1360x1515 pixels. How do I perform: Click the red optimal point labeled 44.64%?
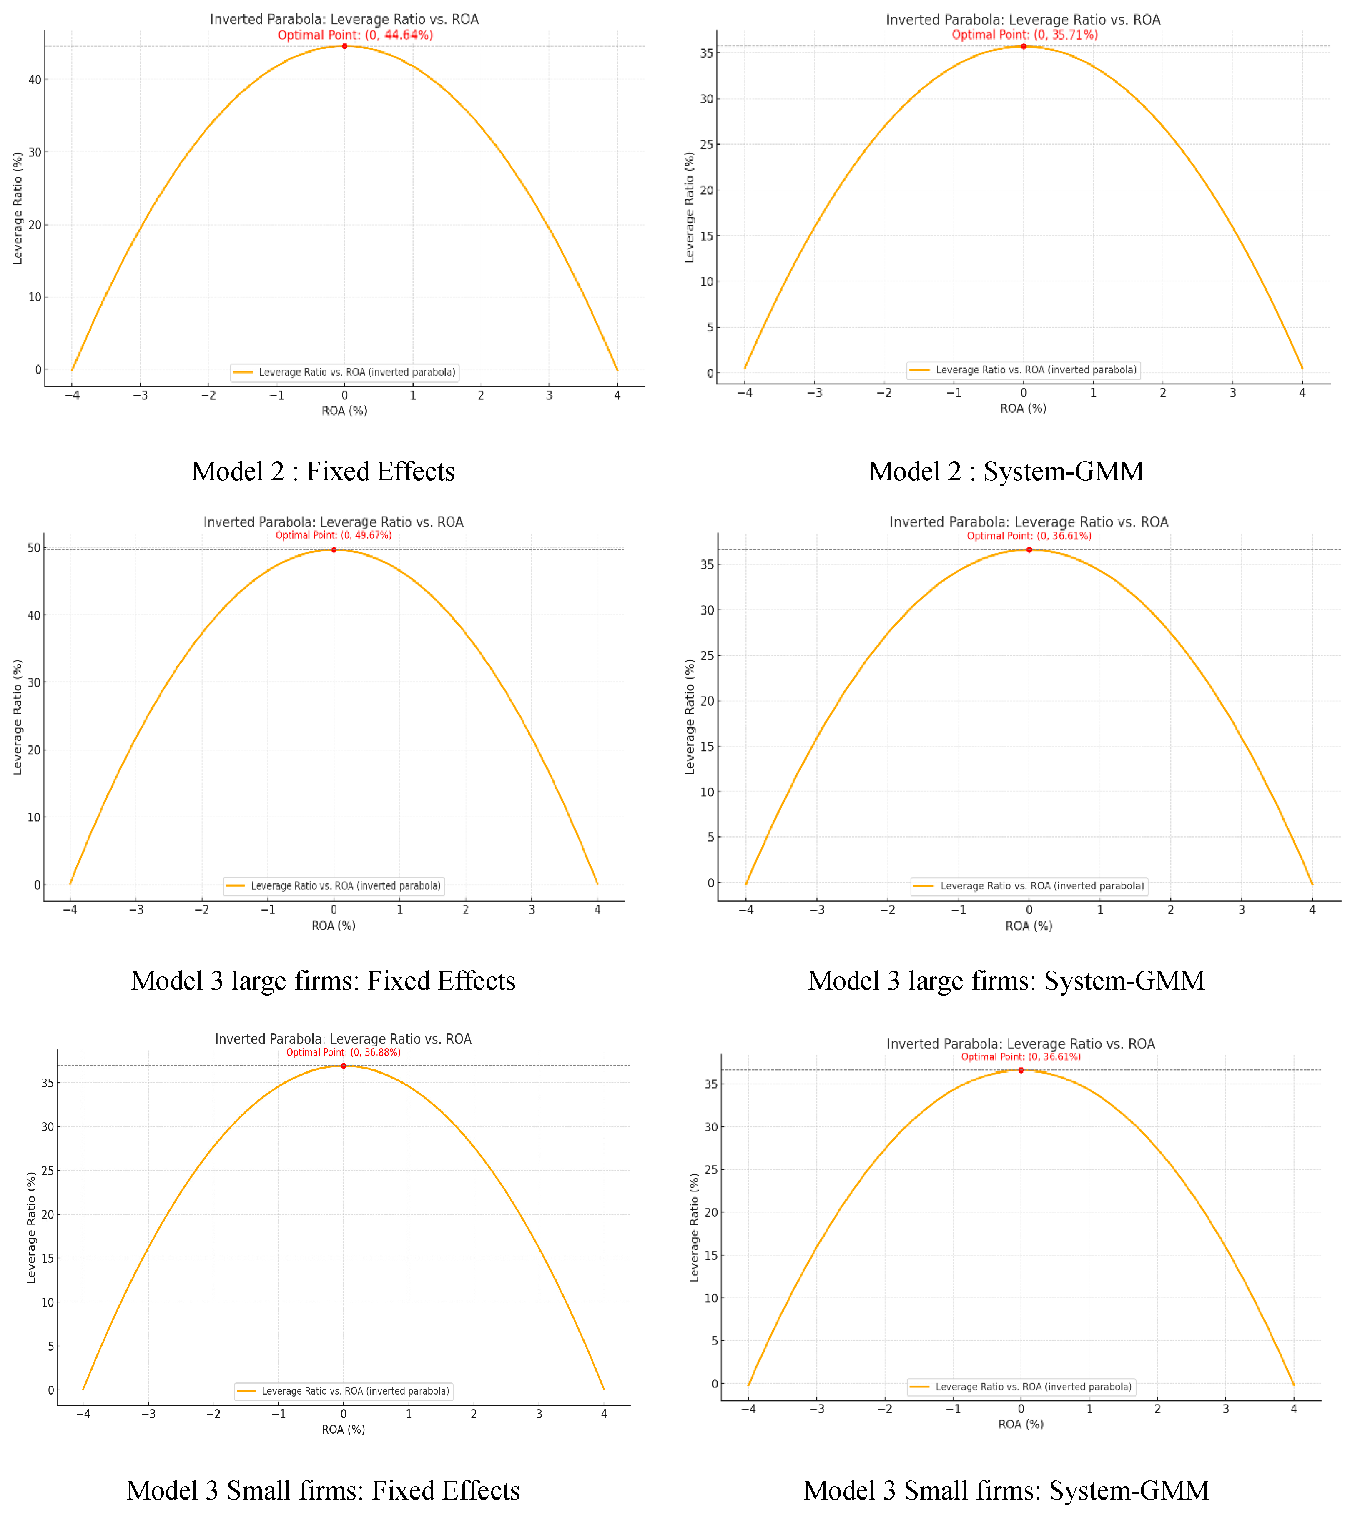click(x=344, y=46)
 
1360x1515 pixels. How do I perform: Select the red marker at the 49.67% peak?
click(x=334, y=550)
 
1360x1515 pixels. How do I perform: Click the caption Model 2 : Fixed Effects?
click(x=323, y=472)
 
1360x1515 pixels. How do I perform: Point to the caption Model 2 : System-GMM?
click(x=1006, y=472)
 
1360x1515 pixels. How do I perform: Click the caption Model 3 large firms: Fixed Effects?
click(x=323, y=981)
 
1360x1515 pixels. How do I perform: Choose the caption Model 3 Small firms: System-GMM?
click(x=1006, y=1490)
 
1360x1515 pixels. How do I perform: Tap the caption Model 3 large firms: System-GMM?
click(x=1006, y=981)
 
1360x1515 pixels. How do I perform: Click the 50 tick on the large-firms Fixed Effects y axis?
click(x=34, y=548)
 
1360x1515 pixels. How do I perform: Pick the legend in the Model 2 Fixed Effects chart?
click(x=344, y=372)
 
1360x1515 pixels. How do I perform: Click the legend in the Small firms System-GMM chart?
click(x=1021, y=1387)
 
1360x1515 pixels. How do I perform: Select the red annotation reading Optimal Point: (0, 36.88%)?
click(x=343, y=1053)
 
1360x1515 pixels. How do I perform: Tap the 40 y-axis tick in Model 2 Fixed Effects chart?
click(x=34, y=80)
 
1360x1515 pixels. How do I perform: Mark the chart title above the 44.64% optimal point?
click(x=344, y=20)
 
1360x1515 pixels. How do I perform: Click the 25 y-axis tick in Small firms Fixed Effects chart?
click(x=48, y=1171)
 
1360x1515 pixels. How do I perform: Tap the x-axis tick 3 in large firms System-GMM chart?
click(x=1241, y=910)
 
